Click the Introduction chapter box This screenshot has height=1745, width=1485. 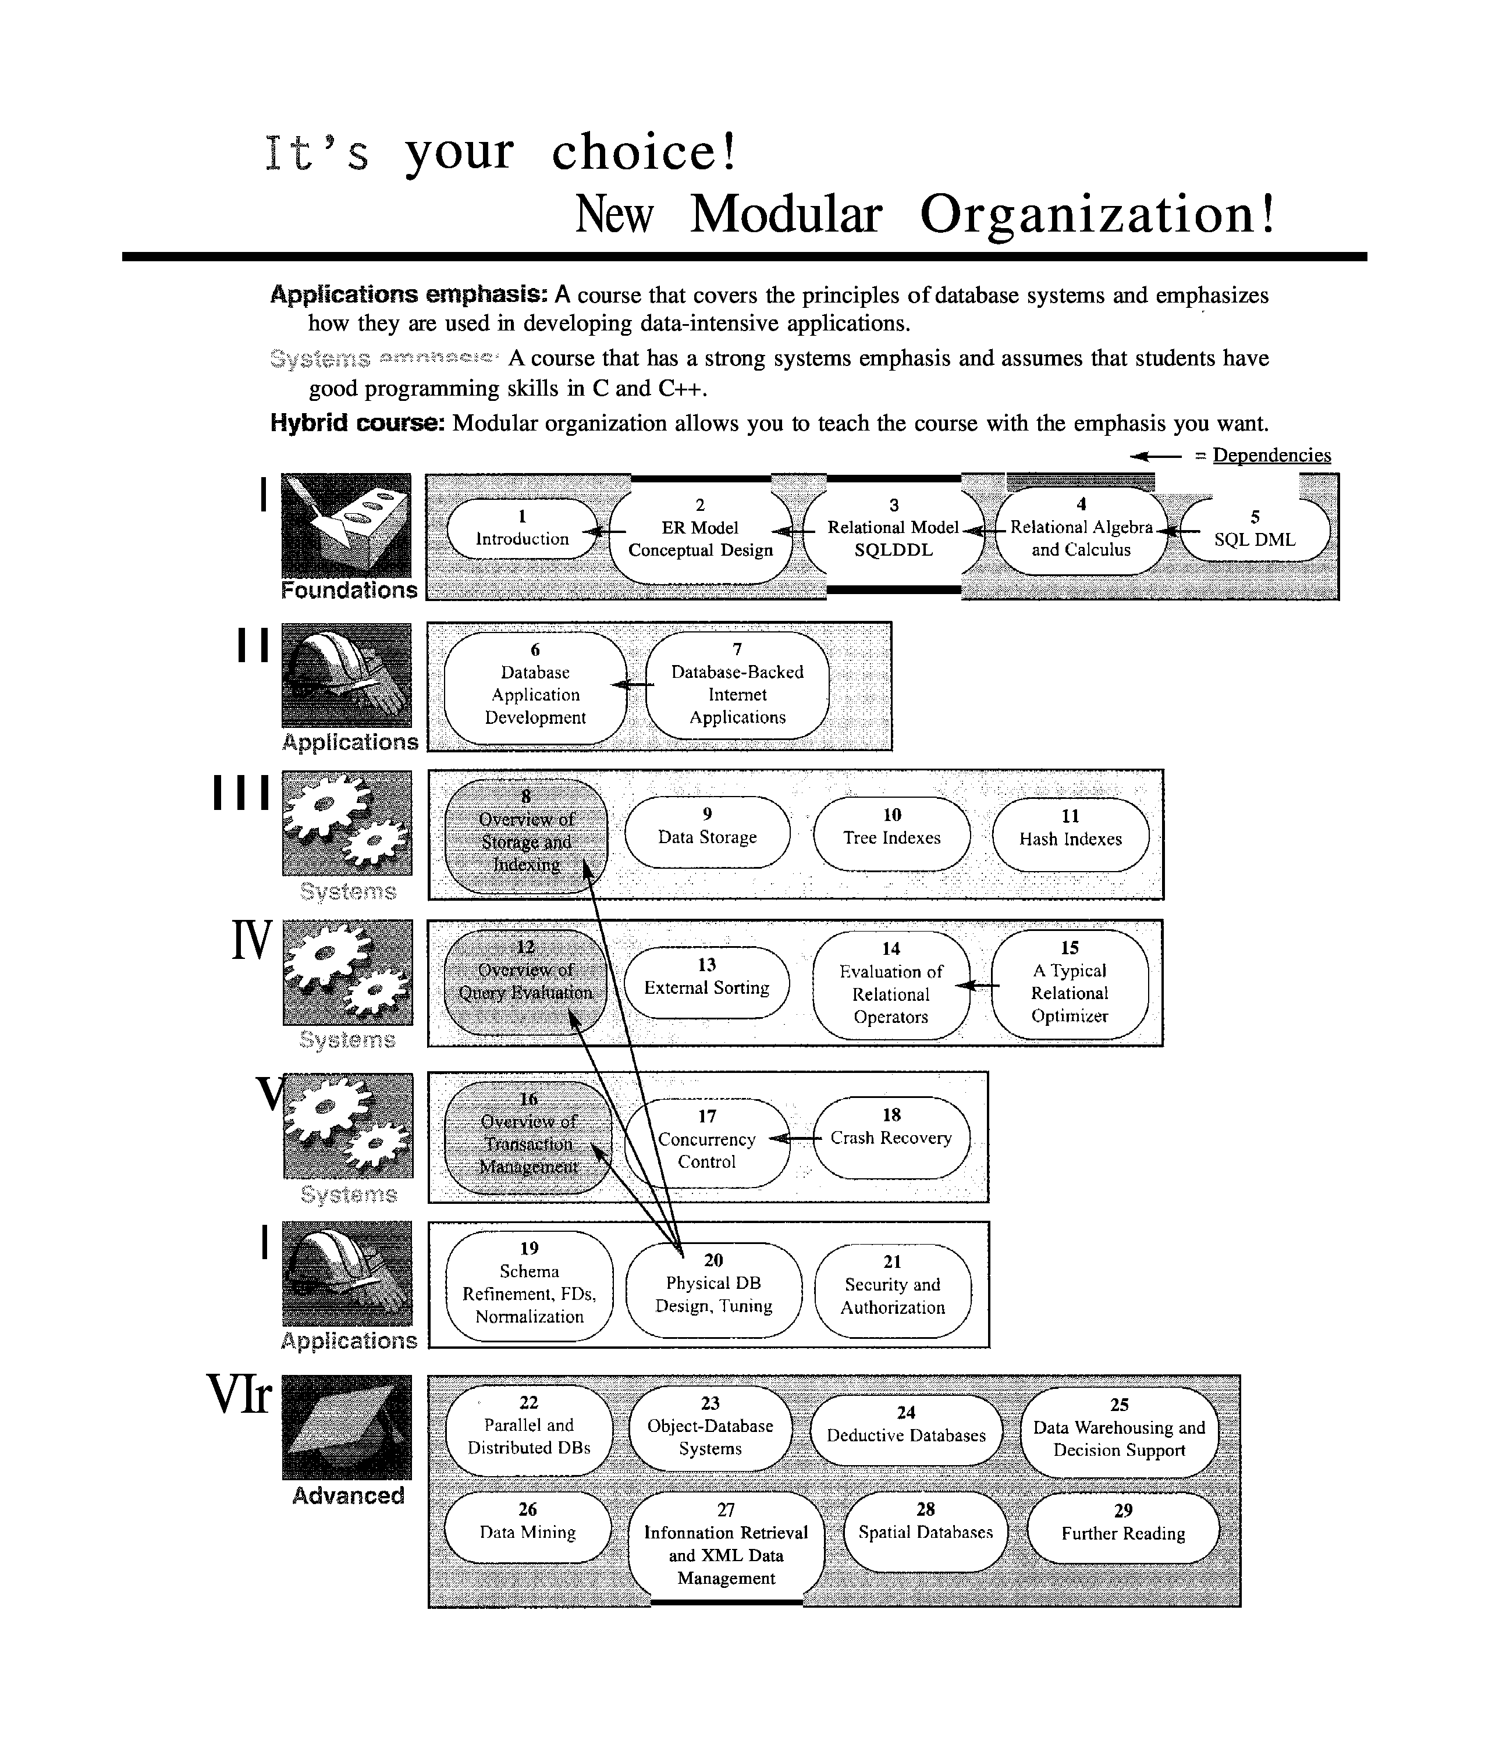(x=522, y=529)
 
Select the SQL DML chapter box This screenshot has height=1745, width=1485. (x=1255, y=529)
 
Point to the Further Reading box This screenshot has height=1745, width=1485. (x=1123, y=1524)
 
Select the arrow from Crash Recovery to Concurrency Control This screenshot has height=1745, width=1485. (x=795, y=1139)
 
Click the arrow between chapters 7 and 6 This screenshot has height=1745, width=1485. (x=633, y=684)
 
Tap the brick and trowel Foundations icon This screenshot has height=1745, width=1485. (x=346, y=525)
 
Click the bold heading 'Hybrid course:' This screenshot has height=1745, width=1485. (x=357, y=422)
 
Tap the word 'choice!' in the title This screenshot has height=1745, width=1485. (x=644, y=152)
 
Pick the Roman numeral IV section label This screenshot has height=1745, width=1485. (x=252, y=940)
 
